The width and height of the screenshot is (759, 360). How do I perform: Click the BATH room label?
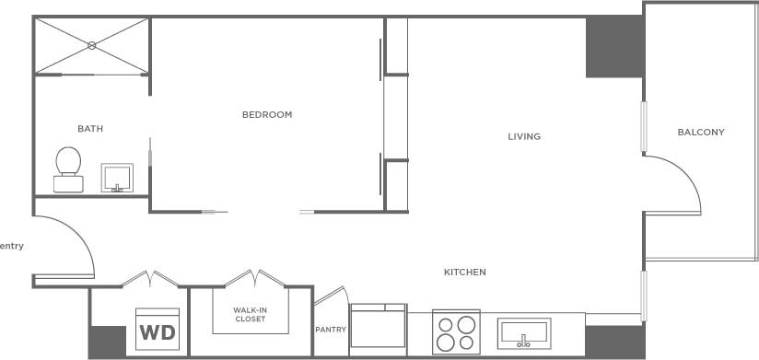click(x=90, y=129)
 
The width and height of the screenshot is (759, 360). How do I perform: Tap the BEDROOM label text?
click(x=267, y=115)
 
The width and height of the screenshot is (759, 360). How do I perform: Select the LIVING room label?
click(x=524, y=137)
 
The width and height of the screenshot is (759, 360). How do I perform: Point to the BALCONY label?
click(x=701, y=133)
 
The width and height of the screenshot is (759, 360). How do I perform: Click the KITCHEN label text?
click(x=464, y=273)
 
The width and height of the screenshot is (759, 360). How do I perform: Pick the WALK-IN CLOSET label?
click(x=250, y=315)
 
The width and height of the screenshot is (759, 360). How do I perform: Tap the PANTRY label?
click(x=330, y=330)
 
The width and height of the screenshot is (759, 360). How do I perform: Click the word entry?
click(x=12, y=246)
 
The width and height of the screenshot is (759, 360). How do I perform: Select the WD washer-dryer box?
click(x=158, y=330)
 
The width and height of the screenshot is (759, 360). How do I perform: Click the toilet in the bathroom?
click(x=68, y=168)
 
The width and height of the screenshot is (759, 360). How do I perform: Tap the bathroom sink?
click(x=117, y=177)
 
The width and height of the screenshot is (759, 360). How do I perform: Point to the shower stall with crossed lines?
click(x=92, y=45)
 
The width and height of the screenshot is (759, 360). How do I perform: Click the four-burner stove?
click(x=457, y=332)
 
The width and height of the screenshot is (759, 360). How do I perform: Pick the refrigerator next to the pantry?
click(x=378, y=329)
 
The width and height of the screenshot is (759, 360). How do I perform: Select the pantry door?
click(x=329, y=296)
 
